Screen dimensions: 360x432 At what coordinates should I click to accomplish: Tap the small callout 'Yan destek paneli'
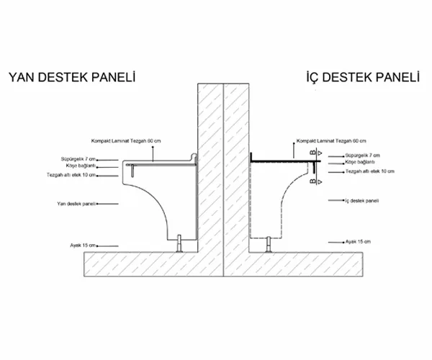point(76,204)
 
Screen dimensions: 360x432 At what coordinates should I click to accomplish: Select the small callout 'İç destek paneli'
point(361,200)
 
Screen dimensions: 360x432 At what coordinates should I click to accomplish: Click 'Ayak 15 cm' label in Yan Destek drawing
point(74,246)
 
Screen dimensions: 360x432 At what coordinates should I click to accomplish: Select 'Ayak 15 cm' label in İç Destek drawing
point(357,241)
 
